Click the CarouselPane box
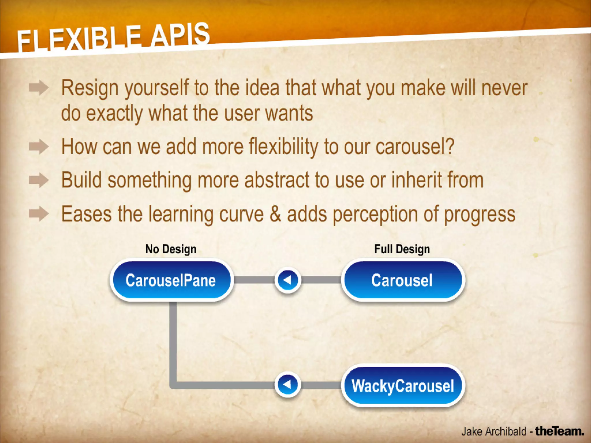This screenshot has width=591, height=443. (x=171, y=280)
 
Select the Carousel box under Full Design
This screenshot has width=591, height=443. (x=403, y=280)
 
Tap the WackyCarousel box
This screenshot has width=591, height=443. (x=403, y=386)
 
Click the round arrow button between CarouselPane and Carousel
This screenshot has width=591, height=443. (x=288, y=280)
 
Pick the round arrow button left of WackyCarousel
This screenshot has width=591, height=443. (x=288, y=384)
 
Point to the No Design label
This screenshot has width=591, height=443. (x=171, y=249)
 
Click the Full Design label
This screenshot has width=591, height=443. (x=402, y=249)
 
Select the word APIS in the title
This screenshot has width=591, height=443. (x=180, y=35)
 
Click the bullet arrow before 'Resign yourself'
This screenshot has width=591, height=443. (x=39, y=88)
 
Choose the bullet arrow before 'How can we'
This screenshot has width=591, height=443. (x=39, y=147)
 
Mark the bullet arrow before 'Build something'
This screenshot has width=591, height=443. (x=39, y=181)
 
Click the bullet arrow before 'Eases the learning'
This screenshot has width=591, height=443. (x=39, y=214)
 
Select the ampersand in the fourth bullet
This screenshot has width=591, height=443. (x=275, y=214)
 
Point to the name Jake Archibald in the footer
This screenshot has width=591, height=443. (x=493, y=431)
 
